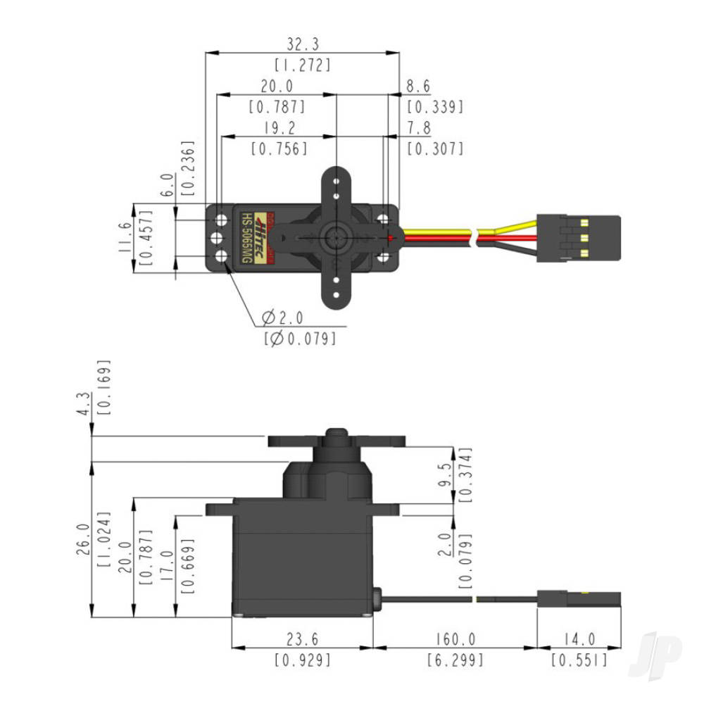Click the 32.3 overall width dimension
tap(302, 45)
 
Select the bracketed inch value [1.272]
tap(302, 65)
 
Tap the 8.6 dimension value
tap(418, 87)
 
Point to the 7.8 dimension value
tap(418, 128)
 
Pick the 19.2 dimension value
tap(279, 128)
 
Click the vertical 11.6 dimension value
tap(124, 238)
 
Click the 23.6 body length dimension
tap(302, 639)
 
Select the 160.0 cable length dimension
tap(454, 639)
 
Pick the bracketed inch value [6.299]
tap(454, 660)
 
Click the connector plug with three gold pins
tap(578, 238)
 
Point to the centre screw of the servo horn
tap(336, 237)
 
